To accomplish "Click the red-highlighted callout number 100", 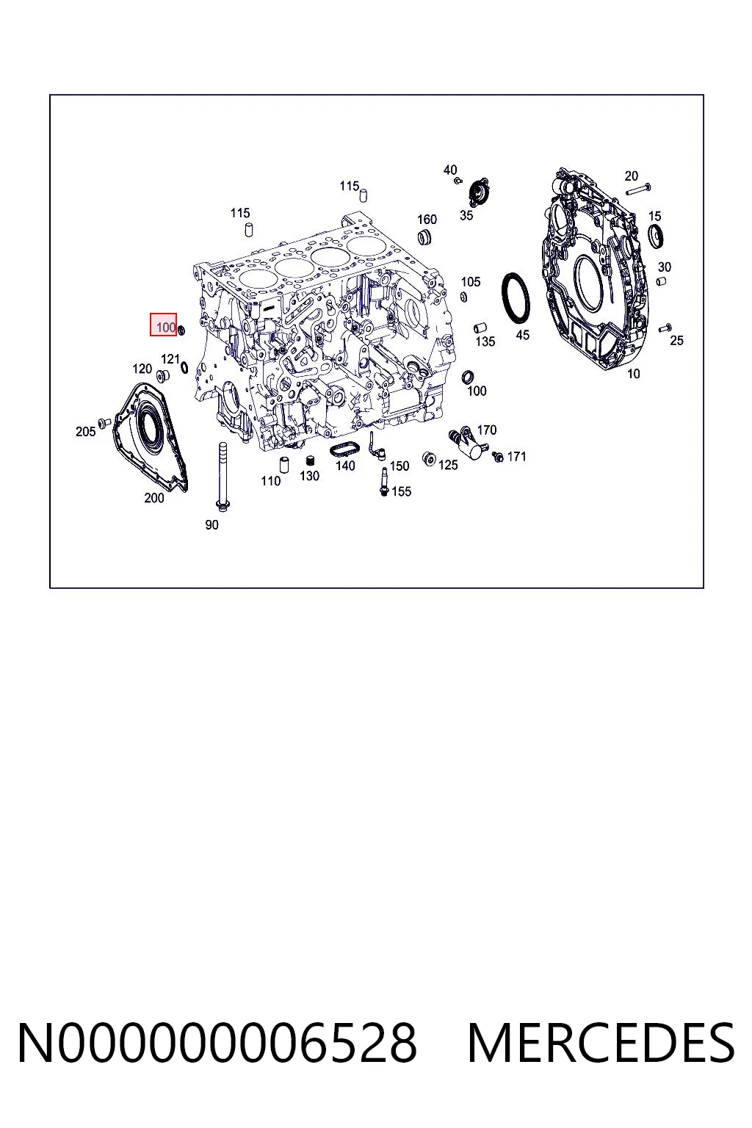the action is point(166,328).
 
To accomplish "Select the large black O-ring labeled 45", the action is point(516,297).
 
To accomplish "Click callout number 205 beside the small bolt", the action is point(86,432).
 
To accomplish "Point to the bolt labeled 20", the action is point(638,189).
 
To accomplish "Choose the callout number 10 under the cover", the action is point(633,374).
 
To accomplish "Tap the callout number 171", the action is point(517,457).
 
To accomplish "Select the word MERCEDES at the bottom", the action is point(601,1043).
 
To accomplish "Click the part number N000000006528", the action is point(217,1043).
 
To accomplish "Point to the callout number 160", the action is point(427,220).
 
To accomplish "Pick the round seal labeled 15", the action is point(655,236).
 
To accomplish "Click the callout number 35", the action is point(466,215).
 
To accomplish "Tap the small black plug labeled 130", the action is point(310,460).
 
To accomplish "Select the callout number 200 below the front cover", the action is point(154,498).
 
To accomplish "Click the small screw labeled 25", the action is point(665,328).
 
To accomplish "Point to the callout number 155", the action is point(402,491).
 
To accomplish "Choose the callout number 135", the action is point(485,341).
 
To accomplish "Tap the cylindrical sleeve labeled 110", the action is point(284,464).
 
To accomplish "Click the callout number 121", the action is point(170,359).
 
